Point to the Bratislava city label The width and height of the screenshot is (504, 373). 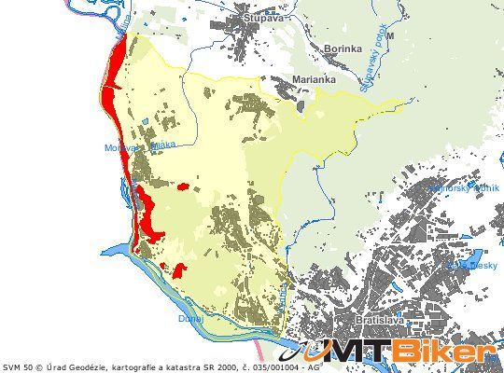tap(380, 321)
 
